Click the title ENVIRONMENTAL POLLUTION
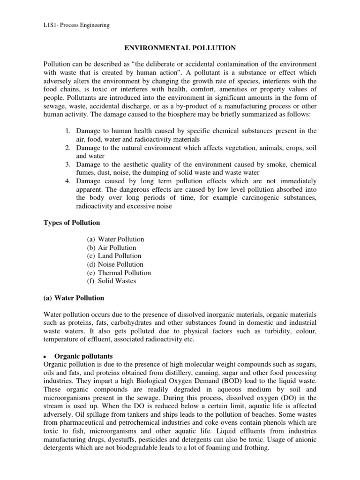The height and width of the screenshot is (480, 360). (x=180, y=48)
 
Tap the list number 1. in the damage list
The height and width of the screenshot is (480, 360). (x=68, y=130)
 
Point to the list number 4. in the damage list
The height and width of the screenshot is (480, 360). (x=68, y=181)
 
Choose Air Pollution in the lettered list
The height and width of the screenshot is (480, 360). (x=117, y=247)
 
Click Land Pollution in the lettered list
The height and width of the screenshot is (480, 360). (x=120, y=256)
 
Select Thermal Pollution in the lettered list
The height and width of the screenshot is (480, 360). (x=125, y=273)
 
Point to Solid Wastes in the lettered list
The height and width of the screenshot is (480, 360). (x=117, y=281)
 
